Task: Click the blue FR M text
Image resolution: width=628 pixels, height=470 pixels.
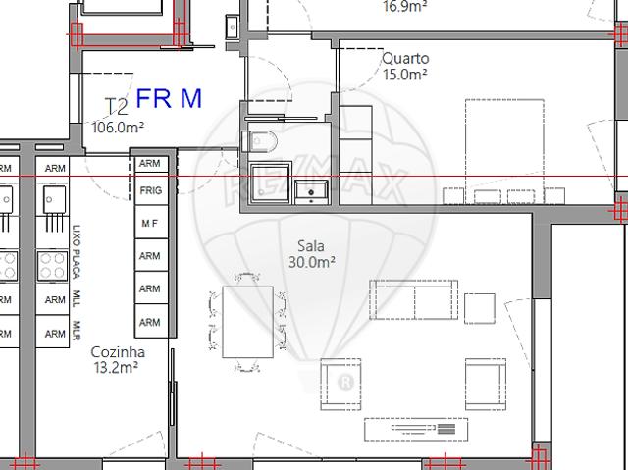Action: [x=169, y=99]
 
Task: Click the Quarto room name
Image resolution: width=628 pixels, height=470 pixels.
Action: [x=405, y=58]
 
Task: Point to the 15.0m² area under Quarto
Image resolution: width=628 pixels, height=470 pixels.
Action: [x=405, y=74]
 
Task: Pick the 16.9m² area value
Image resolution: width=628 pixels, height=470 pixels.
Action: [x=405, y=5]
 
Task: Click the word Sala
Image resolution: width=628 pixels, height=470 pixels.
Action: [x=313, y=246]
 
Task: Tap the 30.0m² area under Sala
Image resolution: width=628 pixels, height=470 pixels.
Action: [x=313, y=262]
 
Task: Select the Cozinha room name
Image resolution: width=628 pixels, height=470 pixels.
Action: [x=118, y=351]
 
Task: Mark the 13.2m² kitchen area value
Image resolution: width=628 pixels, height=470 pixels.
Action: [x=115, y=367]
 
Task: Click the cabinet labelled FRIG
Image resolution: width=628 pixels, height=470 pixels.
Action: [x=150, y=189]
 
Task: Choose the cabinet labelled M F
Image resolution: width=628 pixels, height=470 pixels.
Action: [x=150, y=223]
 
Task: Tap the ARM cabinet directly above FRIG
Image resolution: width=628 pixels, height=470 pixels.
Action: [x=150, y=163]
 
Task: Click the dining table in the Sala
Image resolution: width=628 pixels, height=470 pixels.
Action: [x=248, y=323]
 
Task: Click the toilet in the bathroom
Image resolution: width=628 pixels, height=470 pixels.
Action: [x=263, y=141]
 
